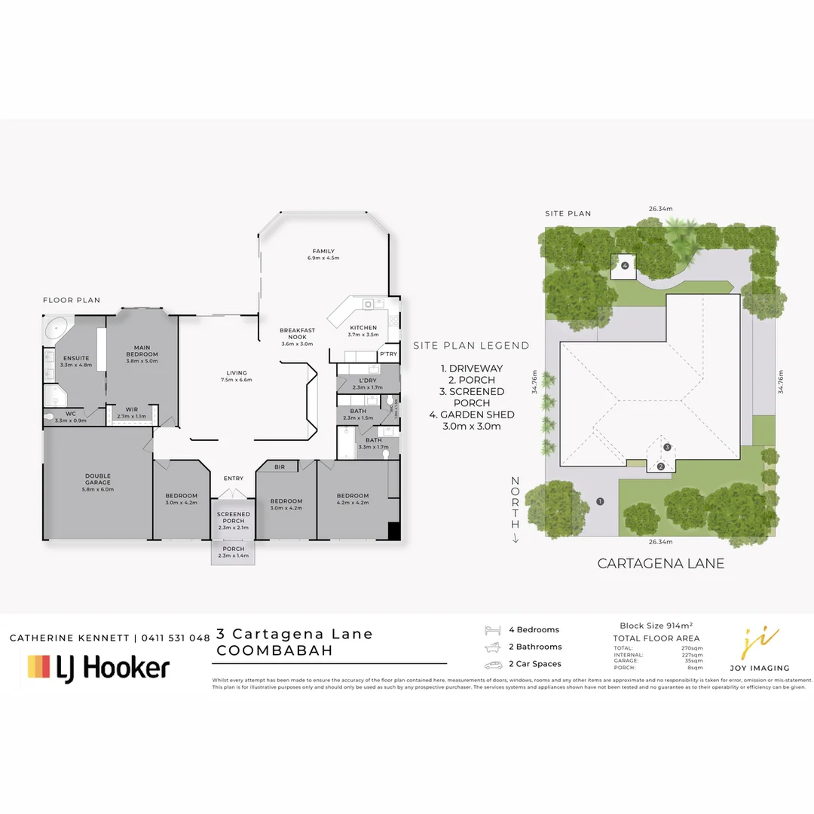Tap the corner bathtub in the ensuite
pos(57,329)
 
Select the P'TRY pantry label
pos(388,354)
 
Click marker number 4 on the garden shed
pos(625,265)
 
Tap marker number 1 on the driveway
pos(601,501)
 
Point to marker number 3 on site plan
pos(667,447)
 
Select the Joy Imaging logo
pos(760,649)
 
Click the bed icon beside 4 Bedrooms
pos(492,630)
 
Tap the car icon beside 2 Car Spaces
pos(492,665)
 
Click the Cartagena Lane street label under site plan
pos(661,563)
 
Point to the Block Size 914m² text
pos(656,626)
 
